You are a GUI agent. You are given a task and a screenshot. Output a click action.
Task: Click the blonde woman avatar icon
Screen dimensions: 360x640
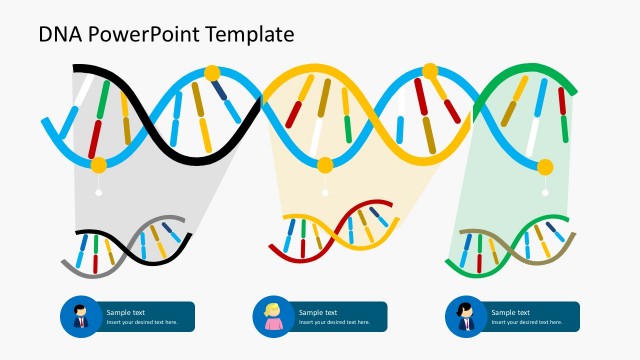272,317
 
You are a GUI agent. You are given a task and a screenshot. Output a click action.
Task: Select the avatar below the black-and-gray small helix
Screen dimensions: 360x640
80,317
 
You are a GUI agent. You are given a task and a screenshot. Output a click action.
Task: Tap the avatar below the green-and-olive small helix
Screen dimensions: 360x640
465,317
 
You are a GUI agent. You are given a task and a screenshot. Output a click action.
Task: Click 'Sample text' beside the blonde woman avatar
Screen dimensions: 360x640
318,312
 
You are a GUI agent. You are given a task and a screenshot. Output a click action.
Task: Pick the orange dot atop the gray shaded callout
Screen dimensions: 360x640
98,164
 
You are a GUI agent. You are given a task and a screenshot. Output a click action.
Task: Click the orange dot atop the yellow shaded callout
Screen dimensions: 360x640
324,165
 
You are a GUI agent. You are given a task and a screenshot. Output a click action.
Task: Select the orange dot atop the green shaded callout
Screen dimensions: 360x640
545,166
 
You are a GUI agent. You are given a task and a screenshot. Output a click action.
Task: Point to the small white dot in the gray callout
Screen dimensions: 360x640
98,192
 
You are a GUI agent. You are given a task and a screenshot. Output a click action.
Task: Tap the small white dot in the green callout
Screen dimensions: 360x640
545,192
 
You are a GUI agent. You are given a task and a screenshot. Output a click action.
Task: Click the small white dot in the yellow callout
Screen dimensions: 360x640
324,192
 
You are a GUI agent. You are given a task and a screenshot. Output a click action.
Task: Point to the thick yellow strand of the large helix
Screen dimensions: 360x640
300,75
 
